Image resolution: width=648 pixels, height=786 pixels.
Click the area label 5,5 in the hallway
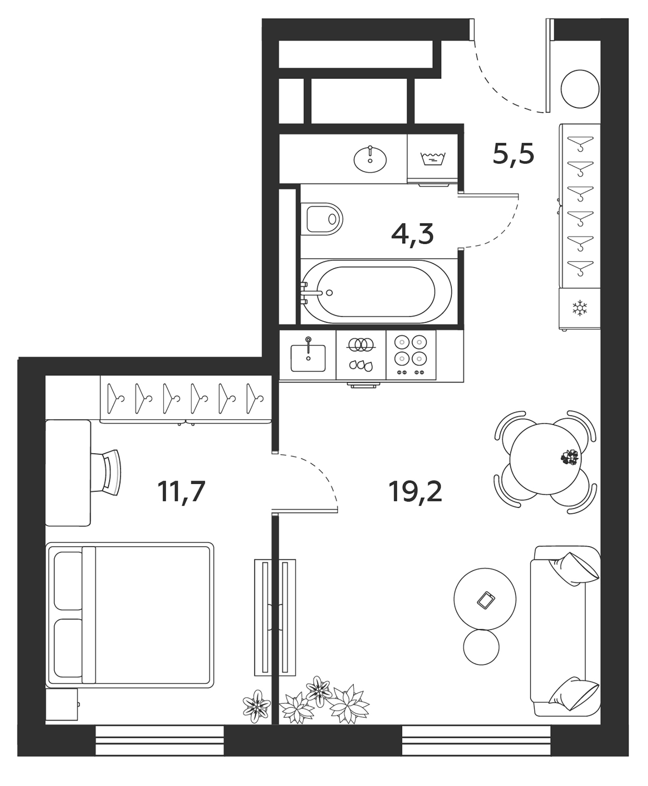point(513,153)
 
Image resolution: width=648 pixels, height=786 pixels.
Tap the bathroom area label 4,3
point(412,235)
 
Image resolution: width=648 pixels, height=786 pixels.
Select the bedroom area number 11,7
point(182,491)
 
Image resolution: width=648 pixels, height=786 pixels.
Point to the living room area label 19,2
point(416,491)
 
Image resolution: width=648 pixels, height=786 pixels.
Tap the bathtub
point(376,292)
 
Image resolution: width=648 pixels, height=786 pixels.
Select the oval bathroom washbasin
point(370,159)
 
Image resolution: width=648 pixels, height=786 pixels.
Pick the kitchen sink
point(308,357)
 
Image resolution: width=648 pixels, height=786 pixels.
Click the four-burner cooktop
point(411,354)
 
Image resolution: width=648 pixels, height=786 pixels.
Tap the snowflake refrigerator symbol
point(580,308)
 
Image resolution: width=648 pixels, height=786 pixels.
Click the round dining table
point(545,464)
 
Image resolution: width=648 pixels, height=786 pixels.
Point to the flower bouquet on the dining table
point(569,457)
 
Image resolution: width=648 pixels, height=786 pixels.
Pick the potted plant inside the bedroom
point(256,706)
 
